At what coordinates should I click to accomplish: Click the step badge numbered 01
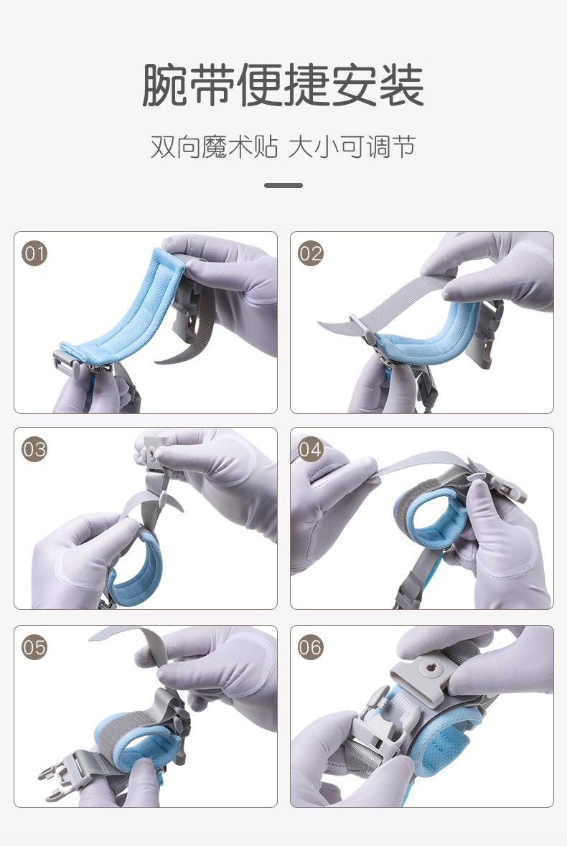coord(34,253)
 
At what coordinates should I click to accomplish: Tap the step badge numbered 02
coord(311,253)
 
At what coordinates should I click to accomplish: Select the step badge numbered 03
coord(34,449)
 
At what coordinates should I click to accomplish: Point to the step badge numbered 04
coord(311,449)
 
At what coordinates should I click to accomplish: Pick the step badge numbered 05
coord(34,647)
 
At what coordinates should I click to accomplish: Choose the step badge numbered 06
coord(311,647)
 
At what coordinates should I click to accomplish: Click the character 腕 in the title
coord(164,85)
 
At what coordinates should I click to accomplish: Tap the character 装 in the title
coord(402,85)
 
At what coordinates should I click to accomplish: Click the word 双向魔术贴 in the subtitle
coord(214,147)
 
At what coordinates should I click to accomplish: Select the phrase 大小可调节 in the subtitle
coord(352,147)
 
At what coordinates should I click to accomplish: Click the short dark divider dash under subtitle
coord(283,185)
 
